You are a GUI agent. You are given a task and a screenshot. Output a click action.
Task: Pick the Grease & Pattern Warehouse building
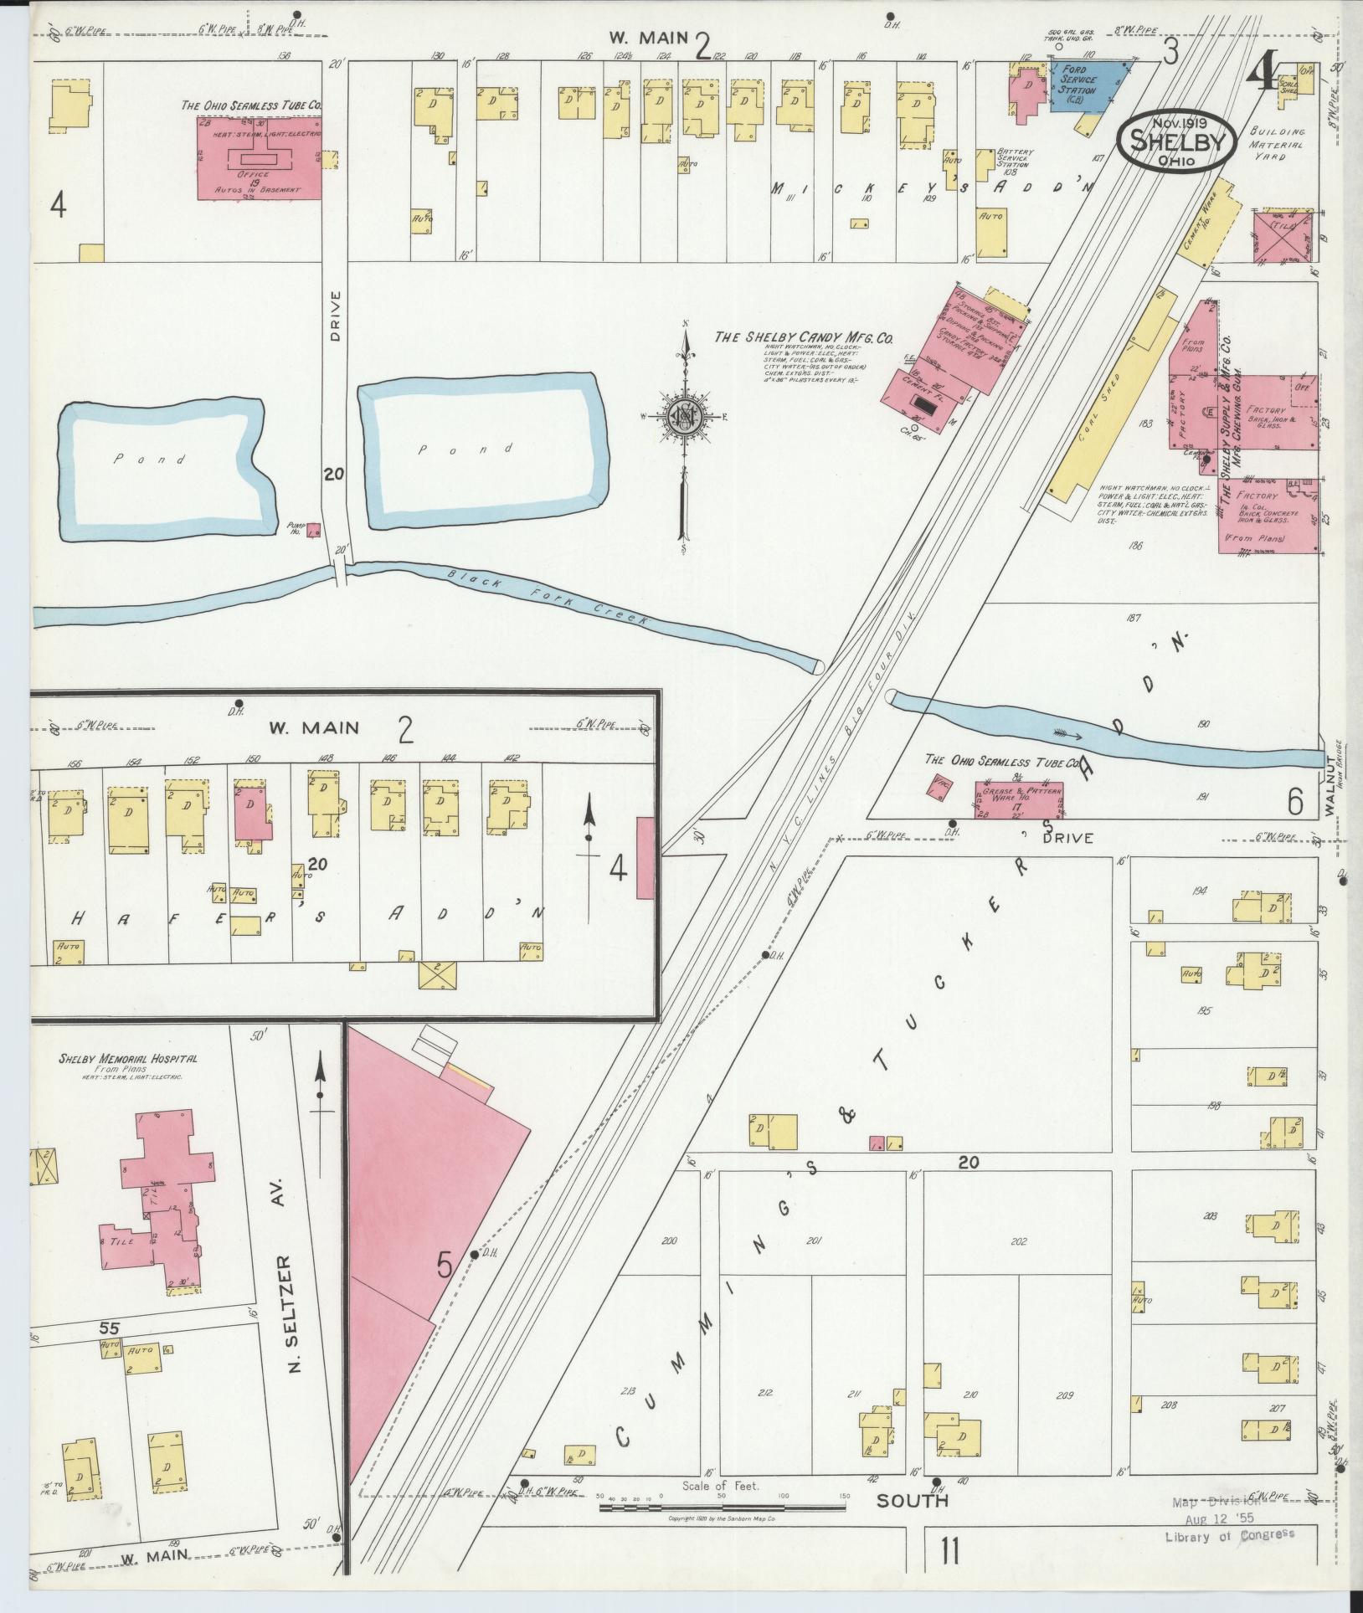click(x=1018, y=799)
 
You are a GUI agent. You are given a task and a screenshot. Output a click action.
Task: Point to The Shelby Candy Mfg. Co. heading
click(x=803, y=338)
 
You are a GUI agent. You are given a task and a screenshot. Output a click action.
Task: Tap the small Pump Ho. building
click(x=314, y=529)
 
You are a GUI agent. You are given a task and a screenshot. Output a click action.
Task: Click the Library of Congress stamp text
click(x=1229, y=1558)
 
